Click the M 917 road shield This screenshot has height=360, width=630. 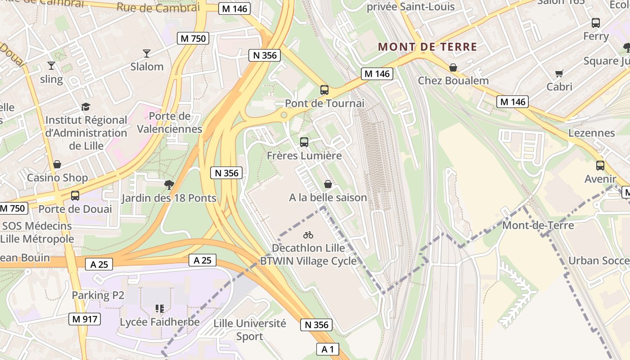(85, 319)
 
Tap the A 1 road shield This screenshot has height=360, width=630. (328, 349)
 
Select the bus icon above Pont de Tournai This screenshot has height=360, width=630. (324, 90)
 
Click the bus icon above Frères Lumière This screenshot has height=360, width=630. (304, 142)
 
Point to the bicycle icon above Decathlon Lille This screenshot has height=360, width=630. (308, 235)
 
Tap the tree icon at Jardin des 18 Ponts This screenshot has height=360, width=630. (169, 184)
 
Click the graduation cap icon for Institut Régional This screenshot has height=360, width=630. (85, 107)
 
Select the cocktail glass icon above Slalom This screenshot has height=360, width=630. (147, 54)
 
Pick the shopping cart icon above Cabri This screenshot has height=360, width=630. (559, 73)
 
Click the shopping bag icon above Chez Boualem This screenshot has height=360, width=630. (453, 67)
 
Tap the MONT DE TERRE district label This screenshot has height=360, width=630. (427, 47)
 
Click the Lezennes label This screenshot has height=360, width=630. (591, 133)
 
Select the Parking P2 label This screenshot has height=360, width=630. (98, 295)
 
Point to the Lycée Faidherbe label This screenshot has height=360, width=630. (160, 322)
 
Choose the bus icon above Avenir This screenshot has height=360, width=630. (600, 165)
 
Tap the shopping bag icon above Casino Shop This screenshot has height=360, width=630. (57, 164)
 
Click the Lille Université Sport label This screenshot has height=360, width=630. (250, 330)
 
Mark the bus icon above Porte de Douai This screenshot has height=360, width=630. (75, 196)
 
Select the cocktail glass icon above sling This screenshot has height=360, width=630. (51, 66)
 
